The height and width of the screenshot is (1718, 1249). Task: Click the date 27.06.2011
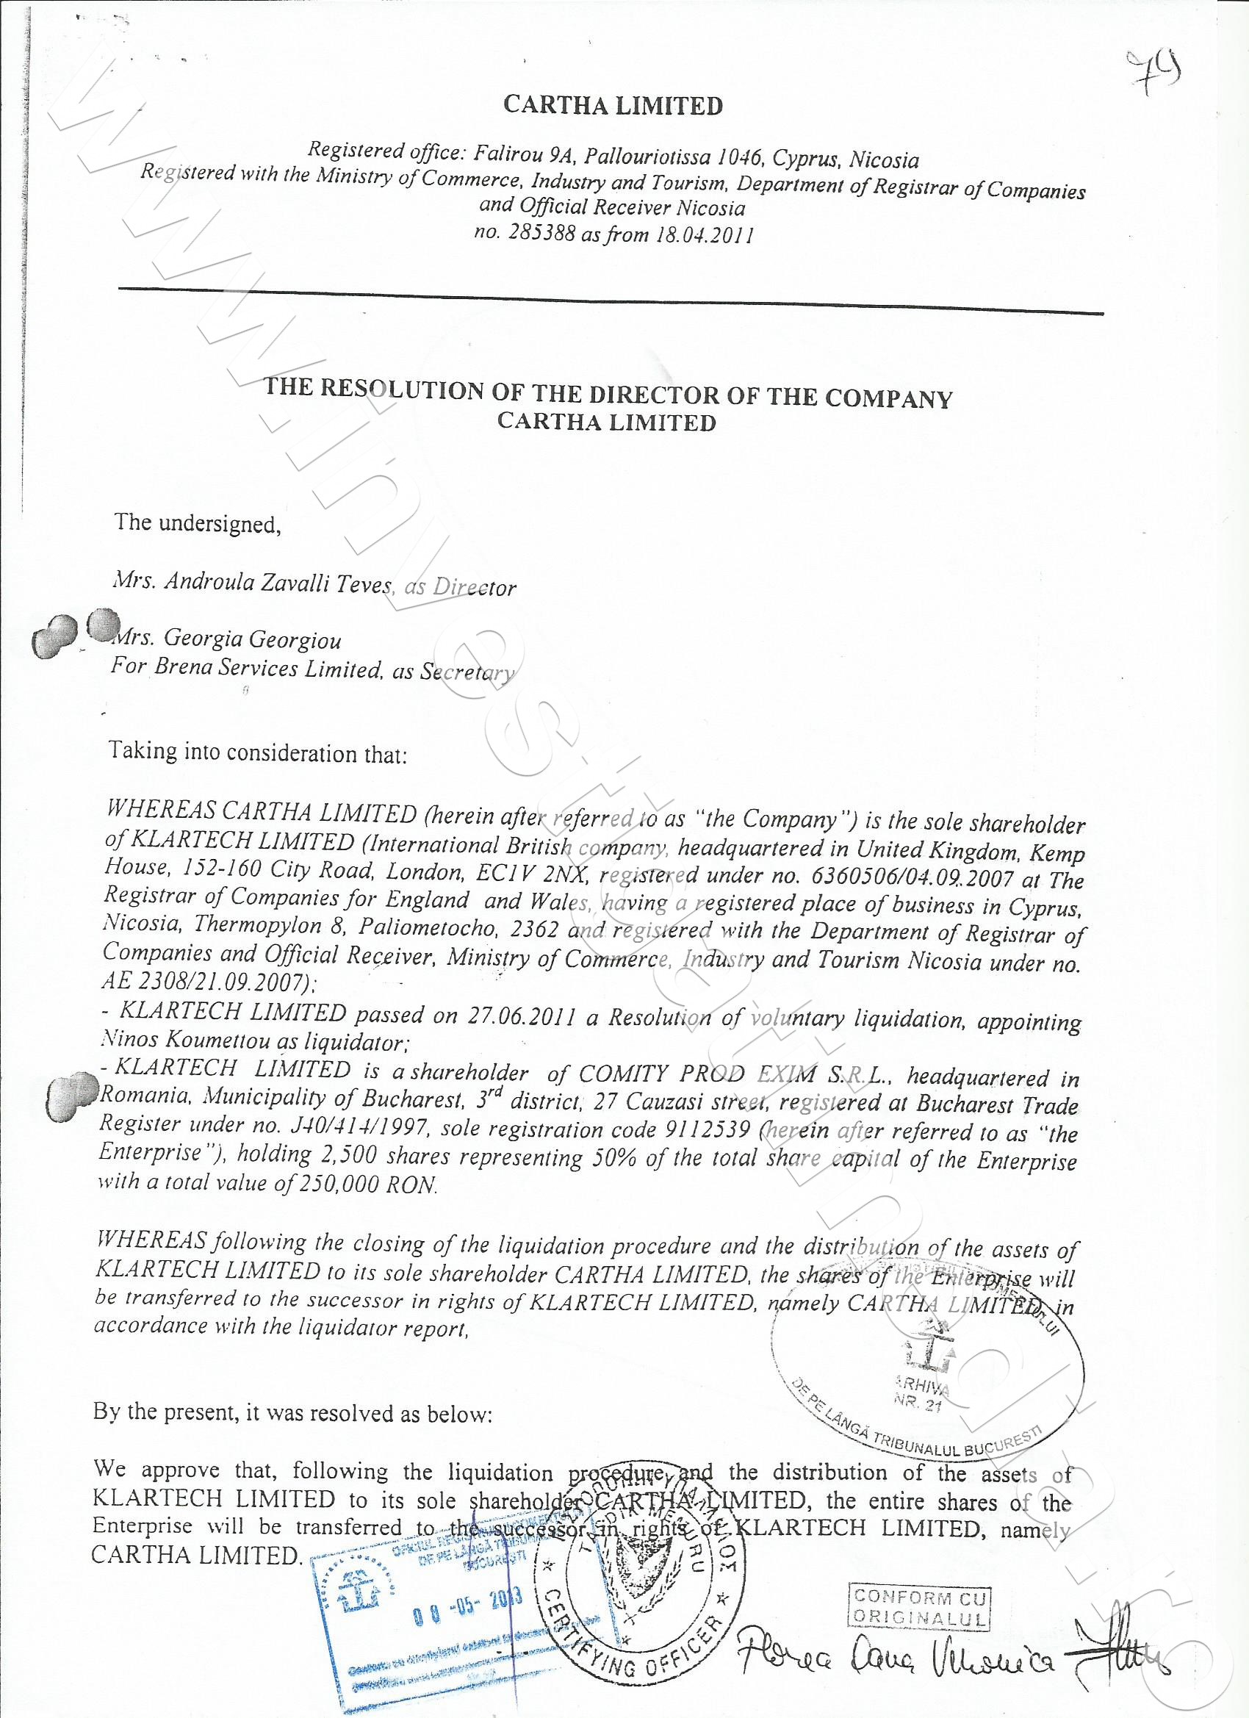point(521,1016)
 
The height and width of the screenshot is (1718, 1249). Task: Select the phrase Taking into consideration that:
point(258,753)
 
